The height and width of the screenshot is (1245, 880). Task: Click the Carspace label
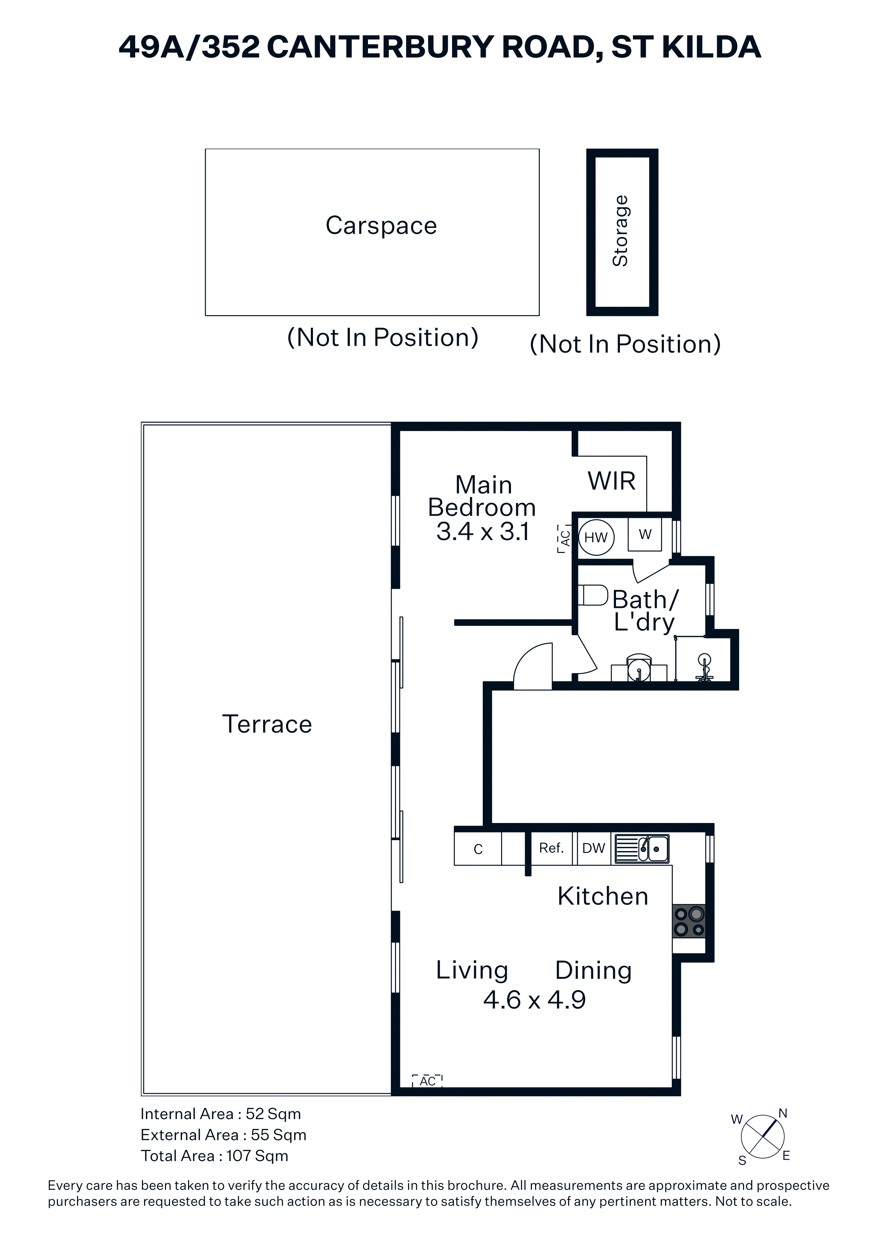(381, 226)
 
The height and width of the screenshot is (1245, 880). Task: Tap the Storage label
(620, 231)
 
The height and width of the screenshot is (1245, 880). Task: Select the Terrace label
(267, 724)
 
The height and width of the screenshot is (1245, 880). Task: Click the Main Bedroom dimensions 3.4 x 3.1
(483, 531)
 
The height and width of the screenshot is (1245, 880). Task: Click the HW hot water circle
(596, 537)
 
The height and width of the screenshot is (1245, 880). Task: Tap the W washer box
(645, 534)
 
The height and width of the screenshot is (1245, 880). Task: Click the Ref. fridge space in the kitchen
(551, 848)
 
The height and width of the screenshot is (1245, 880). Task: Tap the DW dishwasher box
(593, 849)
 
